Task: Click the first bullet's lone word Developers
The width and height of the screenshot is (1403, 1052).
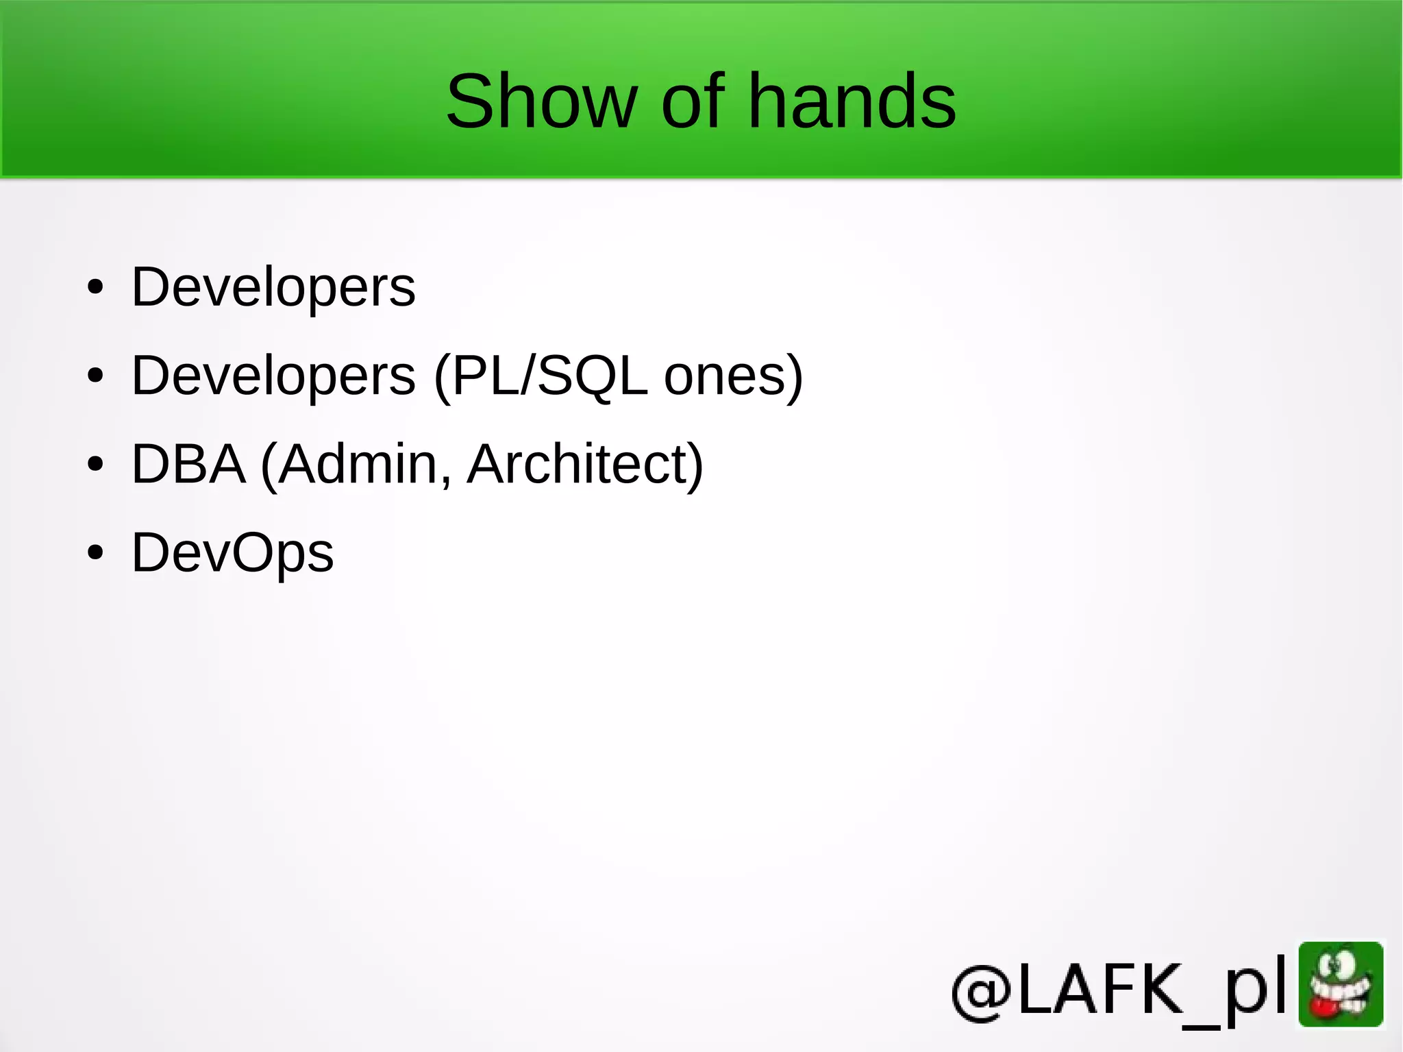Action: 273,287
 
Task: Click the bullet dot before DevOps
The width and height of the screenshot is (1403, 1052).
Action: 95,552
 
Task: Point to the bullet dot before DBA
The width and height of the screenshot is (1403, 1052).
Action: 95,464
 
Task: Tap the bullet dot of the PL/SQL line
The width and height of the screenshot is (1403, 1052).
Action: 95,376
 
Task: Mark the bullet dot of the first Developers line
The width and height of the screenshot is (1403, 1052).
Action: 95,287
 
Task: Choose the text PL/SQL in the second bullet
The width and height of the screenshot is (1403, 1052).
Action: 549,376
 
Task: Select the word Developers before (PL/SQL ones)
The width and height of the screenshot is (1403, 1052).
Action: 273,376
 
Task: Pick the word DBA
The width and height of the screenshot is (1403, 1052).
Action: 188,464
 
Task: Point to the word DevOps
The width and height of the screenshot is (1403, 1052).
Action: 232,552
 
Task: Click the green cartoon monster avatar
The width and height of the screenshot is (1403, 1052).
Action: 1341,985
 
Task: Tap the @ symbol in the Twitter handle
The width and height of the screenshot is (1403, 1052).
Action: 982,992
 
